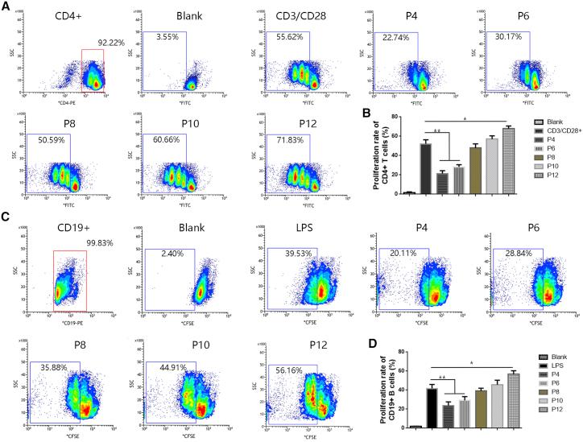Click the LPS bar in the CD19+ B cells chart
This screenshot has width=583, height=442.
[x=432, y=406]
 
